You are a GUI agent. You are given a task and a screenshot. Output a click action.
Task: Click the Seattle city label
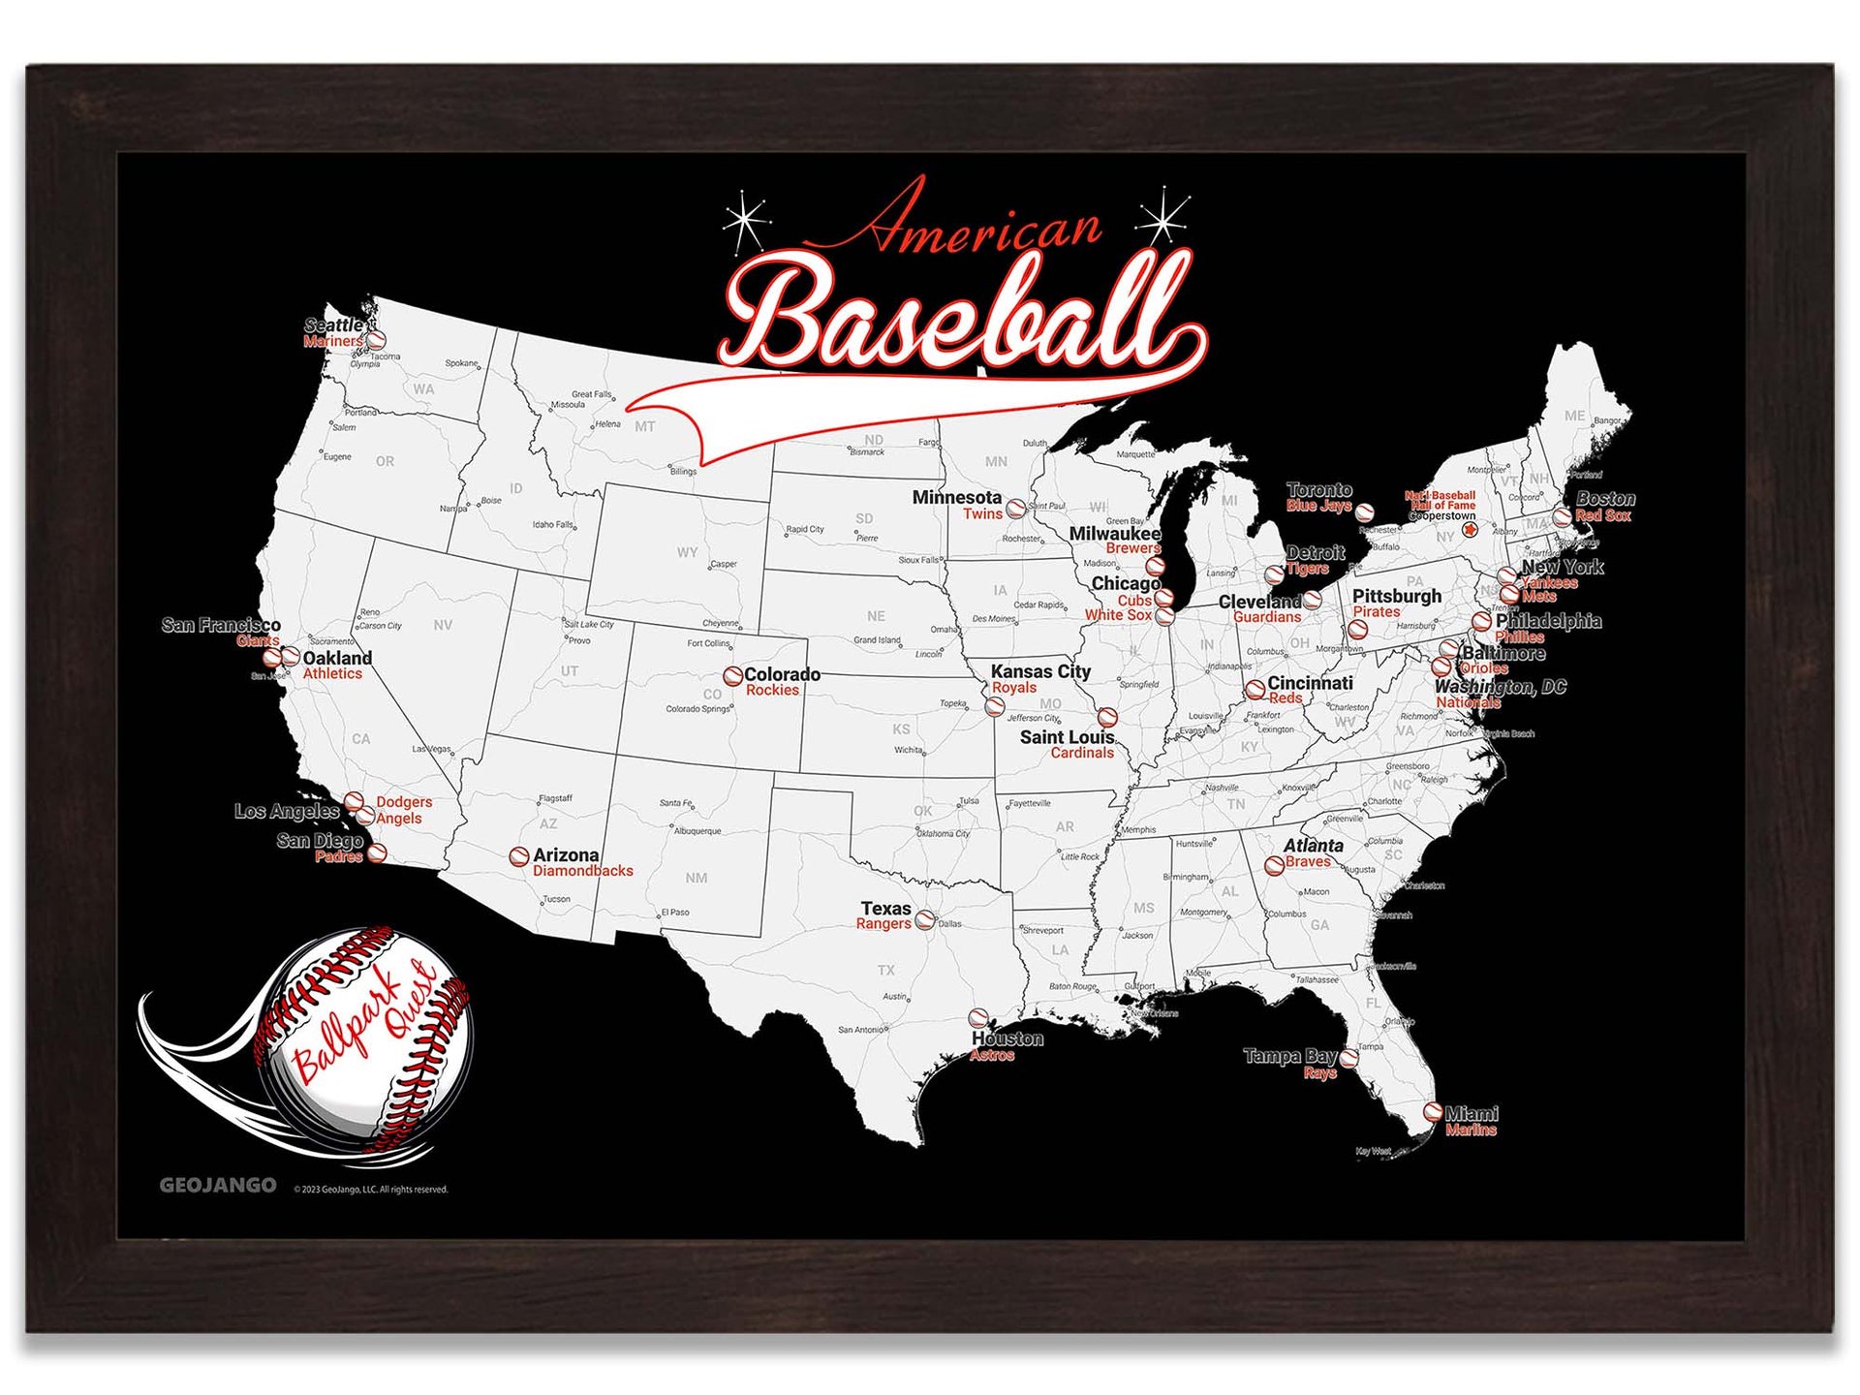[332, 325]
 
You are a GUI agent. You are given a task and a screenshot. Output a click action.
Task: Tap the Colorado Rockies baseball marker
[733, 675]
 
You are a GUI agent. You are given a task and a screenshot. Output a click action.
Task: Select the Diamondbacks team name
[582, 871]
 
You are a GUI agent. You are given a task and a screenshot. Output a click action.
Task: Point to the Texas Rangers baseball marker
[925, 919]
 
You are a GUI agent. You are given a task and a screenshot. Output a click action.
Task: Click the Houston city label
[1007, 1038]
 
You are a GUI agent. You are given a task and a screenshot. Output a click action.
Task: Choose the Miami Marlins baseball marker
[1433, 1112]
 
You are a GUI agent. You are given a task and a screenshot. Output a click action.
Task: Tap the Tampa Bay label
[1289, 1056]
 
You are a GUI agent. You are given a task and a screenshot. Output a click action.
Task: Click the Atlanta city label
[1313, 846]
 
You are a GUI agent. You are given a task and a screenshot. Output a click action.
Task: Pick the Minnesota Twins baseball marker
[1015, 508]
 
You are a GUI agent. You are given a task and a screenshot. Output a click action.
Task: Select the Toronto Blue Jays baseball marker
[1364, 512]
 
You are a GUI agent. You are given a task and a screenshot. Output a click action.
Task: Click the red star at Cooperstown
[1470, 529]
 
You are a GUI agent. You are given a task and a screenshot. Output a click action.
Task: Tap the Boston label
[1605, 499]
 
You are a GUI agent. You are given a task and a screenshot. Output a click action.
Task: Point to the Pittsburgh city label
[1396, 596]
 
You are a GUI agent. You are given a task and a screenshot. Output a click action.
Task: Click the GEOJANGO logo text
[218, 1185]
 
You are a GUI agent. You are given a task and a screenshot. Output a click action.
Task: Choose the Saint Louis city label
[1067, 737]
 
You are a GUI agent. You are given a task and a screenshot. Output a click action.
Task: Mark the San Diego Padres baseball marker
[378, 852]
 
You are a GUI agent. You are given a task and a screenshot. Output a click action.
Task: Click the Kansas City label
[1040, 671]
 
